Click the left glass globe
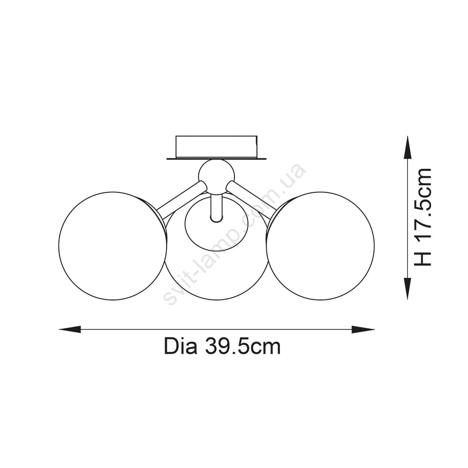112,246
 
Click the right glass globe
320,246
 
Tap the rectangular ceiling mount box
216,147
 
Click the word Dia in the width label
181,346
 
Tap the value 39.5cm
243,346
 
